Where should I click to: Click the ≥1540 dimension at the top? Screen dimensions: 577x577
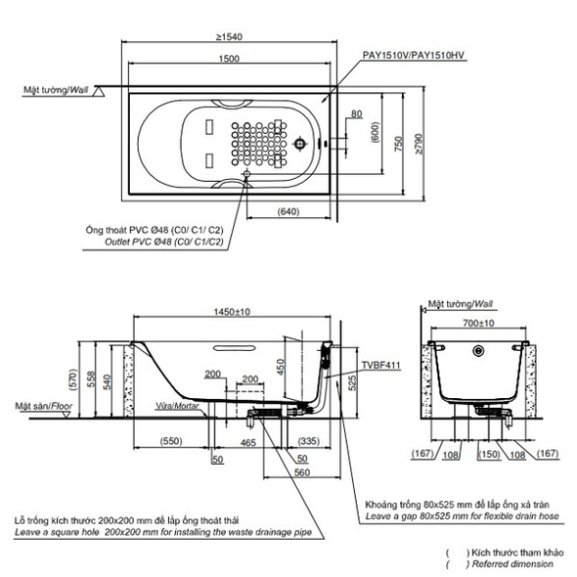point(229,36)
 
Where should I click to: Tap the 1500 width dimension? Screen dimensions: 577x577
point(229,59)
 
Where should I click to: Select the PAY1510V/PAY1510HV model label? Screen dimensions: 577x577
point(414,55)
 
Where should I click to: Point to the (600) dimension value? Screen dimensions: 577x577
point(375,132)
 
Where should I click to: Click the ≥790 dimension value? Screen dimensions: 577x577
point(419,144)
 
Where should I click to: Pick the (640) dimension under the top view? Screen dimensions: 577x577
point(288,211)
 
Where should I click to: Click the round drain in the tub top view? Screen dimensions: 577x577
point(301,144)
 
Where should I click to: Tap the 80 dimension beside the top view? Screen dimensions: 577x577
point(356,114)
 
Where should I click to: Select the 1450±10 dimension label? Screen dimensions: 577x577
point(232,312)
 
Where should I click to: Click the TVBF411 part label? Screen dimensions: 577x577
point(380,365)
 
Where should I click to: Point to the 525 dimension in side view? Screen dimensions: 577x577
point(352,382)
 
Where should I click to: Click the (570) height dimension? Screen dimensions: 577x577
point(74,380)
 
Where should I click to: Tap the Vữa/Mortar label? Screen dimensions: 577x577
point(177,406)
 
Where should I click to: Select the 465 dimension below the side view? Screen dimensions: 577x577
point(248,442)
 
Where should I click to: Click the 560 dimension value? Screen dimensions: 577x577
point(302,472)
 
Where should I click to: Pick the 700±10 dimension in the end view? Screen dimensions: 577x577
point(479,323)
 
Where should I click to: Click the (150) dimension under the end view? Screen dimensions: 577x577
point(490,454)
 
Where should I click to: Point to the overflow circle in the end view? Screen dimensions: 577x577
point(478,351)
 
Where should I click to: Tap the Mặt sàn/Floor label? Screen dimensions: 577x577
point(44,406)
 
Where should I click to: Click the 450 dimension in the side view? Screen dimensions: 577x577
point(280,367)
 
